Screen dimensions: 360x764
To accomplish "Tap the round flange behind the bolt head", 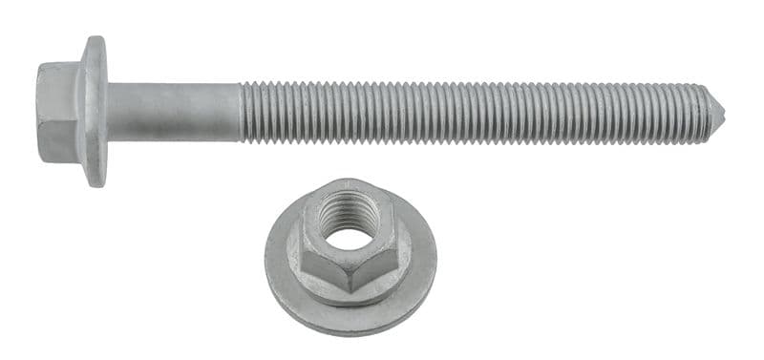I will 94,112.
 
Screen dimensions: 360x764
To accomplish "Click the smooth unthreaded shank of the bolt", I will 173,112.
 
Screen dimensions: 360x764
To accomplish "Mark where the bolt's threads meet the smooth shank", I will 240,112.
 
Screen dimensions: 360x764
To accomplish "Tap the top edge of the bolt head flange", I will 94,40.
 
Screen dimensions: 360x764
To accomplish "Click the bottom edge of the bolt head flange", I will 94,183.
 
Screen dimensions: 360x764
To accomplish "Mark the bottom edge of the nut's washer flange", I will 351,331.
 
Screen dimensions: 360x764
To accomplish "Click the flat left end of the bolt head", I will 39,113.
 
